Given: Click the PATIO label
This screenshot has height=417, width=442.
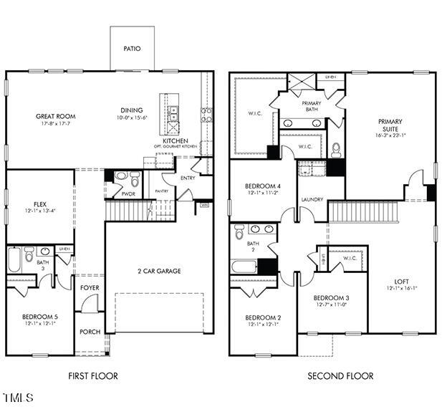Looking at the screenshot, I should coord(131,49).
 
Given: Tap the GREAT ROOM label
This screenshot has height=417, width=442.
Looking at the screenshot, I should coord(56,116).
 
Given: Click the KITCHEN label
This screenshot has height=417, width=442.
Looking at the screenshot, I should coord(176,141).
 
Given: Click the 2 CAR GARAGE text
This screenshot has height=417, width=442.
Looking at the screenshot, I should coord(159,271).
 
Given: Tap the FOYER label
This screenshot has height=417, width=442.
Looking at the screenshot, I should coord(90,288).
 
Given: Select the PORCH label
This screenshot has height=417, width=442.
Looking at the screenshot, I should coord(90,332).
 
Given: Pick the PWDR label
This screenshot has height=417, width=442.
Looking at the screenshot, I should coord(129,193).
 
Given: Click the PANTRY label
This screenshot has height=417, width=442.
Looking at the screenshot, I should coord(162,191).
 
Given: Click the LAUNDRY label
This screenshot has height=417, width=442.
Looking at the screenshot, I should coord(312,199).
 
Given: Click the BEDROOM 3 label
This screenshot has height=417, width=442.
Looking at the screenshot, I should coord(332,297).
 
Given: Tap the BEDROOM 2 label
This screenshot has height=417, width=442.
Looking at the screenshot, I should coord(263,317).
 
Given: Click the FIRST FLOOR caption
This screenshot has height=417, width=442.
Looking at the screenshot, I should coord(93,375).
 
